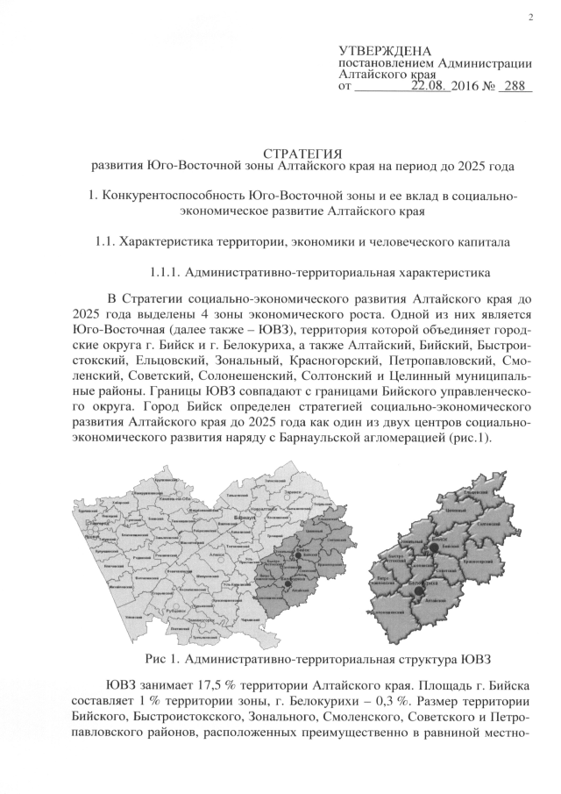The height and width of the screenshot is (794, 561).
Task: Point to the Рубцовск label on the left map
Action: (174, 612)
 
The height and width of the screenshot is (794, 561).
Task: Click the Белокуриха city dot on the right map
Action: (419, 590)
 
